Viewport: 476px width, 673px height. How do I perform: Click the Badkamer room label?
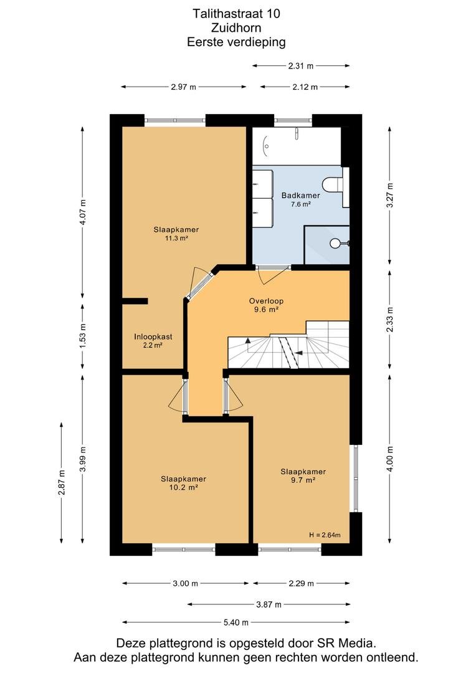(300, 196)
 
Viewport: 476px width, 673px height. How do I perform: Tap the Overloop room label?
(266, 301)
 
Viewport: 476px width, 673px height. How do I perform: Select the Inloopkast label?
(153, 337)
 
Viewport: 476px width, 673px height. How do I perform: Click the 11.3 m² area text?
(176, 238)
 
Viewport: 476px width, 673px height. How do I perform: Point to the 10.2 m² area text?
(183, 487)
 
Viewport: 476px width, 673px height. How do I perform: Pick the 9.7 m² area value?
(303, 480)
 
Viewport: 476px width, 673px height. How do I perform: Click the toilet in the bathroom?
(333, 185)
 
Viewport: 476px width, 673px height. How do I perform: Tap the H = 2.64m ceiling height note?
(325, 535)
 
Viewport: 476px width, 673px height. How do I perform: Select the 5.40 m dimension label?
(236, 623)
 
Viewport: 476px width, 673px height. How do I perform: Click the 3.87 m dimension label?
(269, 604)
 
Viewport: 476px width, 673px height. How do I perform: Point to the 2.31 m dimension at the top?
(300, 66)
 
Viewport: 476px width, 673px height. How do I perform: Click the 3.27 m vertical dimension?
(390, 196)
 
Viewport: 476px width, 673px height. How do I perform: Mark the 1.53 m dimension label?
(83, 335)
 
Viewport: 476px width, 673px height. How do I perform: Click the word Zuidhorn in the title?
(236, 28)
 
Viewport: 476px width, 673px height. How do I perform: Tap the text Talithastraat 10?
(236, 14)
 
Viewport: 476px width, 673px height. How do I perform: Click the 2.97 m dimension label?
(183, 87)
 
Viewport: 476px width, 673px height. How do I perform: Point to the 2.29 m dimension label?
(301, 583)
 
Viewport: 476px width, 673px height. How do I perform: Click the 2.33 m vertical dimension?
(390, 320)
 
